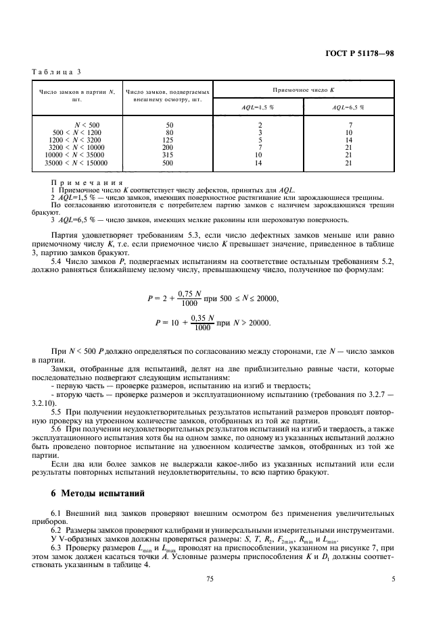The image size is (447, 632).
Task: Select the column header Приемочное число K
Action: tap(304, 89)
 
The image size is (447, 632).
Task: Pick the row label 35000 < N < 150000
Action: tap(77, 163)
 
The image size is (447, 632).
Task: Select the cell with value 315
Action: tap(169, 155)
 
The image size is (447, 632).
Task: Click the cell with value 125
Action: tap(169, 140)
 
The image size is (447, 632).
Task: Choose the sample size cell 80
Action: tap(169, 132)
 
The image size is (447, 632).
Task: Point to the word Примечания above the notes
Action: tap(87, 182)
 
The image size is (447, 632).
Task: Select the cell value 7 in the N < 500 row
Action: tap(349, 125)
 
